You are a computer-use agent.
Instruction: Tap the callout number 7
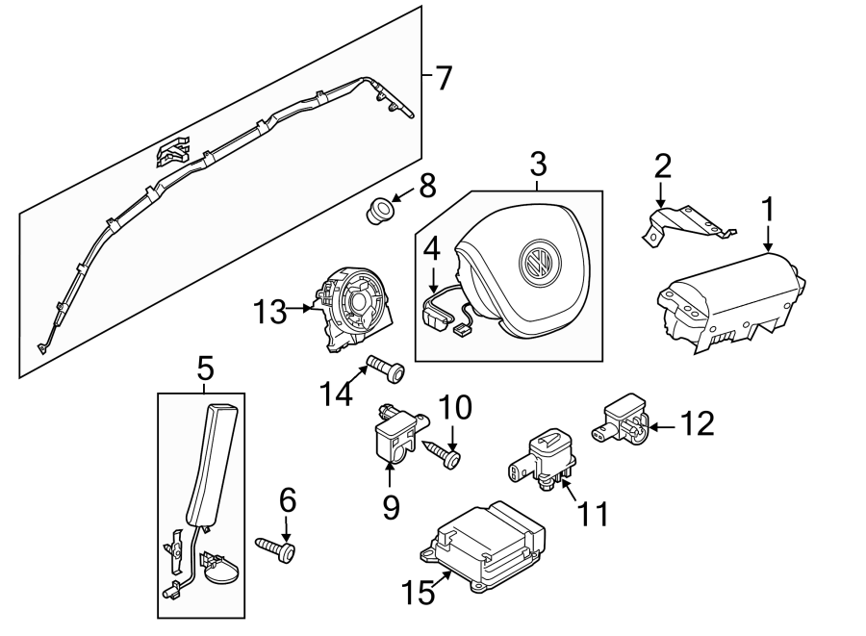[x=442, y=78]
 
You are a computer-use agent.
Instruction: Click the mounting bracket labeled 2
[x=685, y=222]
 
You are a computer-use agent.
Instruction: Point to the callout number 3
[x=538, y=164]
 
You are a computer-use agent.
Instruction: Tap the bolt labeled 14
[x=384, y=369]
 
